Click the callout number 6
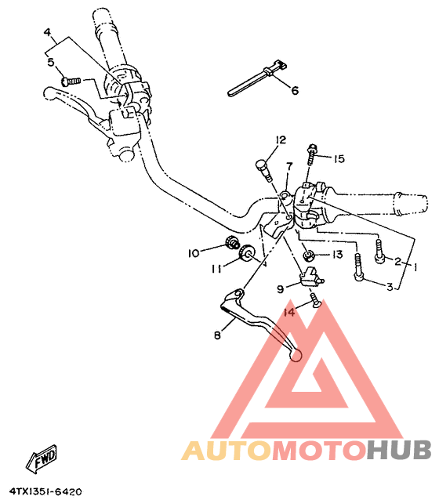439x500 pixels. (296, 91)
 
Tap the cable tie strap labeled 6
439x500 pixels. (253, 82)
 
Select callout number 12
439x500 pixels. (258, 141)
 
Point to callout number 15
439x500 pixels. (339, 158)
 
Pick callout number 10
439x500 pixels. (193, 252)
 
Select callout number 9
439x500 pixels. (281, 288)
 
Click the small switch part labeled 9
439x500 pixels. (310, 277)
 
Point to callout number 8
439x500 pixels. (218, 335)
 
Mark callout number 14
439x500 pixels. (288, 312)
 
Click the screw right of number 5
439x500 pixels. (71, 79)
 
